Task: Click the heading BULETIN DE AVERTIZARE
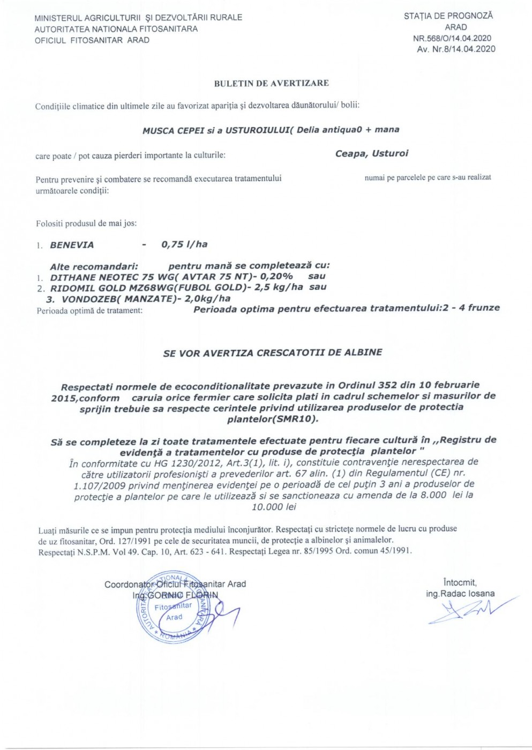point(271,83)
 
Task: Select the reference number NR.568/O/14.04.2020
point(452,39)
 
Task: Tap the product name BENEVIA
point(72,245)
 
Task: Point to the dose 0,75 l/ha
point(184,244)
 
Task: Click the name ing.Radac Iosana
point(460,594)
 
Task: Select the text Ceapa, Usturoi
point(371,154)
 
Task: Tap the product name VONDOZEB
point(84,299)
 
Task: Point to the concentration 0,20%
point(276,276)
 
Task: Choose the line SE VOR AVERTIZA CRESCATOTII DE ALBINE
point(273,352)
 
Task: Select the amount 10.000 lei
point(274,507)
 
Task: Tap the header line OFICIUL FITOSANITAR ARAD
point(92,40)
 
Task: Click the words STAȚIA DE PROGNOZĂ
point(448,16)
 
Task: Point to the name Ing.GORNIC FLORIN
point(176,595)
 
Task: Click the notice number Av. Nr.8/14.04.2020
point(456,49)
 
